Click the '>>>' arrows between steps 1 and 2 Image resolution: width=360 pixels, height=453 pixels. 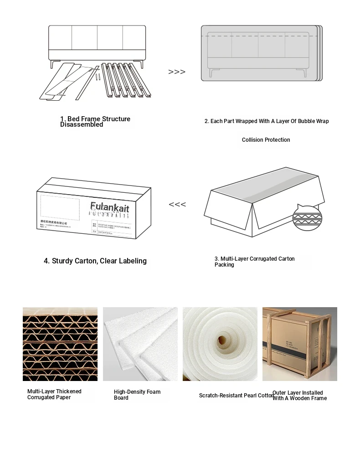coord(177,72)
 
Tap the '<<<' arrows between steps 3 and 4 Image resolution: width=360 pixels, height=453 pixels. coord(177,205)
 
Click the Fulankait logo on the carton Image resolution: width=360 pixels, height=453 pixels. coord(109,206)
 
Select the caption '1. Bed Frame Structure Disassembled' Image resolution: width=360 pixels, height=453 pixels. coord(95,122)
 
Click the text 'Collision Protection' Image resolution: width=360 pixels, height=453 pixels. coord(266,140)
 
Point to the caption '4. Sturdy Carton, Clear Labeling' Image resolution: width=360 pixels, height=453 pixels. coord(95,261)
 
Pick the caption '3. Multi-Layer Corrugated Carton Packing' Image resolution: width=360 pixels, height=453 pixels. coord(254,262)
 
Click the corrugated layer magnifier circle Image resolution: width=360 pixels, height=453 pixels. coord(307,218)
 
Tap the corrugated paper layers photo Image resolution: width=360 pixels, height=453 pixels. coord(60,344)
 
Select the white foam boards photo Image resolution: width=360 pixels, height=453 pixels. coord(140,344)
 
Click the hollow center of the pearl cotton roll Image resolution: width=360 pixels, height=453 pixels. coord(222,340)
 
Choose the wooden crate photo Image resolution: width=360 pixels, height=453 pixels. coord(299,344)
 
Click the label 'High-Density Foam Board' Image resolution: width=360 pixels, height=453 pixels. coord(137,395)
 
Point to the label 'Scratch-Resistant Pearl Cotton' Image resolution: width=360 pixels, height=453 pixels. coord(237,396)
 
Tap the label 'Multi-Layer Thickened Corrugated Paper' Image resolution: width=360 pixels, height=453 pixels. coord(54,394)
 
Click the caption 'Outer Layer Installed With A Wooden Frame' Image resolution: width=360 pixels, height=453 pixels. coord(299,396)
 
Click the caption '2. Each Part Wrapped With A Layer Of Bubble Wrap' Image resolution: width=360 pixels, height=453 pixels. coord(266,121)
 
